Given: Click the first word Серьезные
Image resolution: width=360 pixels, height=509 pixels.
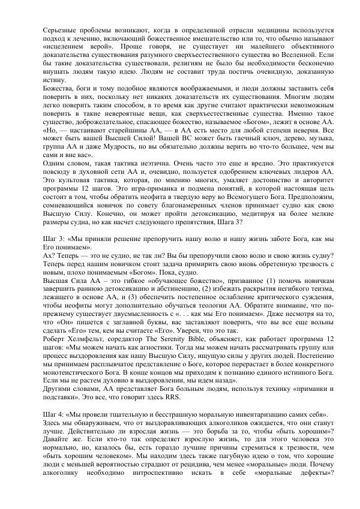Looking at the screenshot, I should [x=62, y=29].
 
